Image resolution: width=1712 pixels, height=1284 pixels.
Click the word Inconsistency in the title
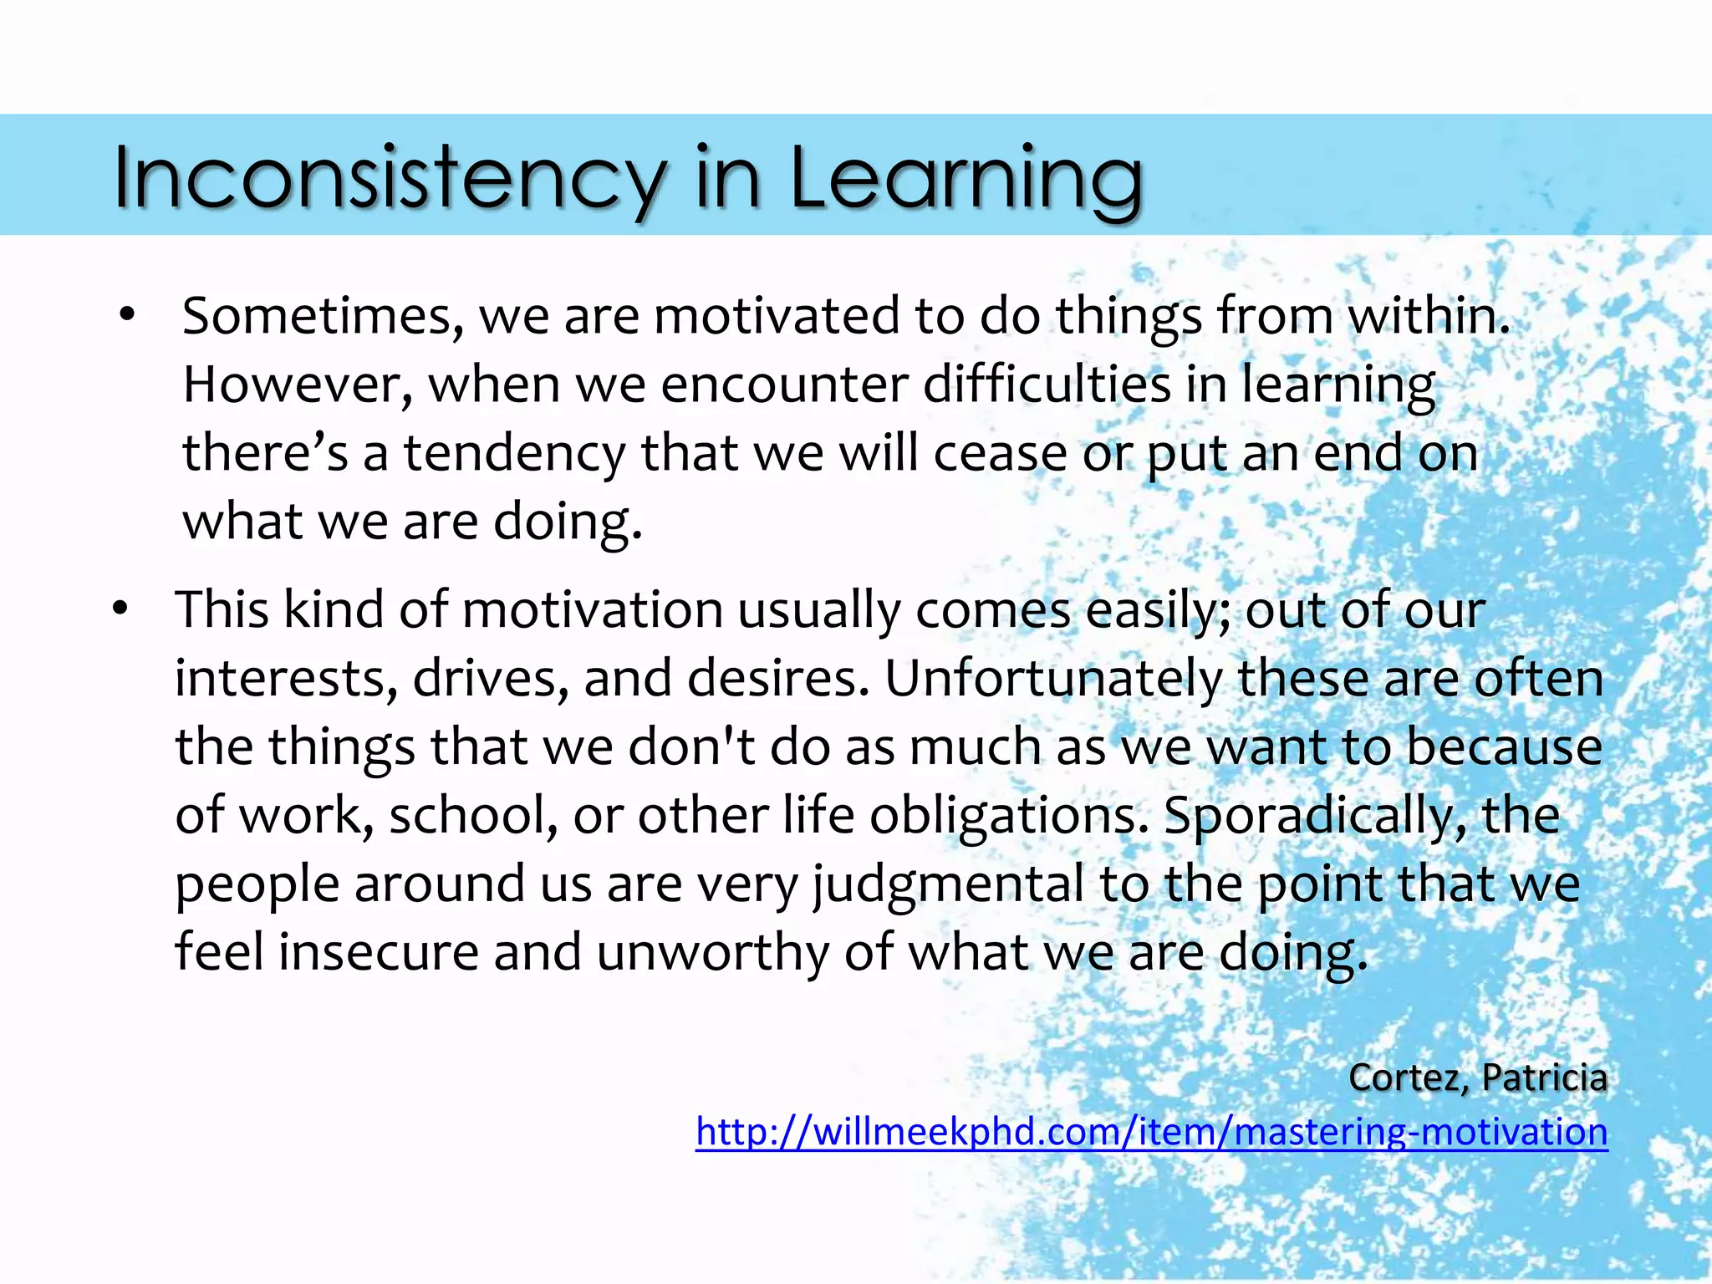click(x=389, y=177)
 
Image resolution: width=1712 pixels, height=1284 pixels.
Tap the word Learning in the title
click(x=966, y=177)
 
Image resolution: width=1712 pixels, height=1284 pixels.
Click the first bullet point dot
click(x=127, y=316)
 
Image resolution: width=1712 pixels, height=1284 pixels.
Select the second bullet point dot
click(x=121, y=609)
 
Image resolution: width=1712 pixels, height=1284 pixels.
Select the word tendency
click(x=514, y=454)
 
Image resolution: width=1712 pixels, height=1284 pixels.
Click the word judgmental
click(x=948, y=884)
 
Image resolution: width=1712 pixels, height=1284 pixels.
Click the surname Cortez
click(x=1409, y=1078)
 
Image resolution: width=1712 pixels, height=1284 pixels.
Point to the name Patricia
click(x=1544, y=1078)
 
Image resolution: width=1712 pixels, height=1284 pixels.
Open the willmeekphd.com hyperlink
click(x=1151, y=1132)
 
